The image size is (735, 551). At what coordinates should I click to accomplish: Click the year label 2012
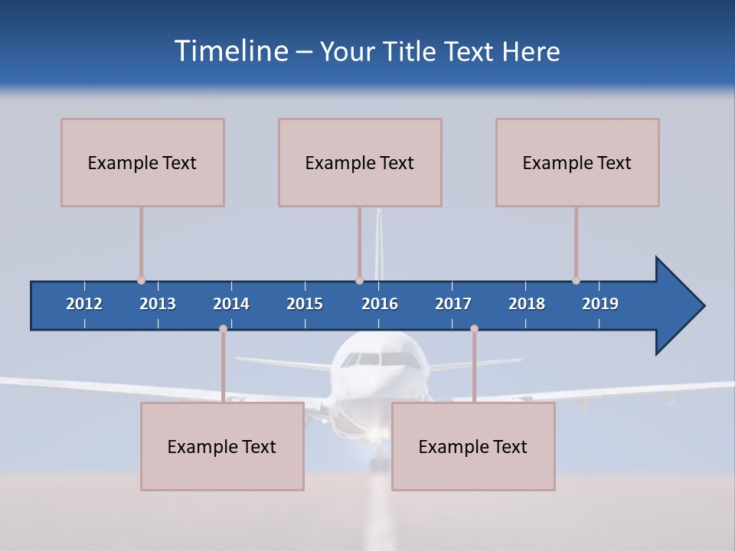[84, 304]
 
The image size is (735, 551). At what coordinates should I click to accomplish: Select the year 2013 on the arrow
[158, 304]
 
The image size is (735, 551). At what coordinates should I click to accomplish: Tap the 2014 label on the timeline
[231, 304]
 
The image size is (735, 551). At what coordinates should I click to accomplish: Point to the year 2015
[305, 304]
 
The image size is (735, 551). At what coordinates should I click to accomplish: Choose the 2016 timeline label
[380, 304]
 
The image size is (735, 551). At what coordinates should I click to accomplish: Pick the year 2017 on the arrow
[453, 304]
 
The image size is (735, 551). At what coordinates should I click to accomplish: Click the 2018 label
[527, 304]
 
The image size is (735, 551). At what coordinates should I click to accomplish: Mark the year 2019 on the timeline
[600, 304]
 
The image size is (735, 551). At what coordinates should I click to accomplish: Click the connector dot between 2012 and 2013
[141, 281]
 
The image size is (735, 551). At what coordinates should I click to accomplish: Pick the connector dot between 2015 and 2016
[359, 281]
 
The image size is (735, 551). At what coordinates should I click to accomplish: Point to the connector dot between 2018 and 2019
[576, 281]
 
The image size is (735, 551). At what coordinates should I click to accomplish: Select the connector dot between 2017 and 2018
[474, 329]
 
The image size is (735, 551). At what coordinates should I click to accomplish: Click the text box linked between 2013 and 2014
[222, 446]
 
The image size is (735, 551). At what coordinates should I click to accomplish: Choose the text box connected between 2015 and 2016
[360, 162]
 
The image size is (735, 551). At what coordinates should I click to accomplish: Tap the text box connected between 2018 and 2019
[577, 162]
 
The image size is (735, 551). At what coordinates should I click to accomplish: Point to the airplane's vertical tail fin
[378, 245]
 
